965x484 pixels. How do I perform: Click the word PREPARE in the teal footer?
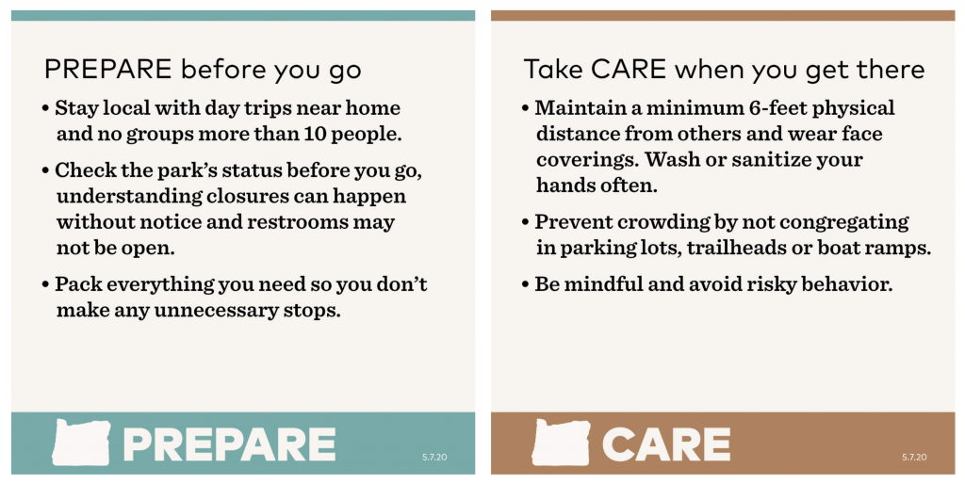230,444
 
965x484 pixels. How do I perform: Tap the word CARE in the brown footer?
666,444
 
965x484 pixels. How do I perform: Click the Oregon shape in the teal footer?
81,443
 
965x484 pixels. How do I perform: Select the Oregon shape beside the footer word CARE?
561,443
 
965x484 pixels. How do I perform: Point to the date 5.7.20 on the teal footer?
434,457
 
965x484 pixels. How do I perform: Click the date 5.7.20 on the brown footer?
914,457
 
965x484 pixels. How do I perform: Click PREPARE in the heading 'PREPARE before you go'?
107,70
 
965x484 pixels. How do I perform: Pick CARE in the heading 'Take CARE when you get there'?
629,70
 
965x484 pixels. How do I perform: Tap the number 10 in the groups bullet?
315,134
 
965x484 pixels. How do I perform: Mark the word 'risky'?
771,284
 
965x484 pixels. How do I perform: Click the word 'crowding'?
661,222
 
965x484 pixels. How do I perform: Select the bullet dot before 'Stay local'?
45,109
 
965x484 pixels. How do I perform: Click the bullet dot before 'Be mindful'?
525,284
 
